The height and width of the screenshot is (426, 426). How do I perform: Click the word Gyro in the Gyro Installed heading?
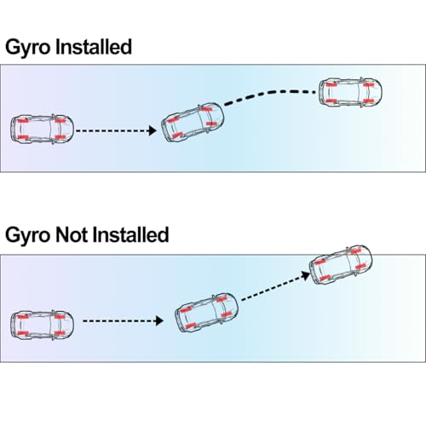(27, 48)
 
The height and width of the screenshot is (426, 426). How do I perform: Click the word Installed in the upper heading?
(94, 47)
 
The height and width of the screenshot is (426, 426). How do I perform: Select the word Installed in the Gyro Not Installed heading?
(131, 234)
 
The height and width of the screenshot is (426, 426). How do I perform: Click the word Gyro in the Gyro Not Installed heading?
(27, 236)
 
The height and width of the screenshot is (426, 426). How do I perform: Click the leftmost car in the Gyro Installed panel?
(42, 130)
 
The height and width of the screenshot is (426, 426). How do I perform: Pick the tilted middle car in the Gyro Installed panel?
(193, 123)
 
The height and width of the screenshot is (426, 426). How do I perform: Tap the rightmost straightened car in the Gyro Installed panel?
(350, 92)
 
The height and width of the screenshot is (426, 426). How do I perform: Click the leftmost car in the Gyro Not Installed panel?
(42, 325)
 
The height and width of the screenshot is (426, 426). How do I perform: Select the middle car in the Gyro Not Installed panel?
(206, 313)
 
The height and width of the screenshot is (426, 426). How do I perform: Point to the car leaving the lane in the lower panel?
(341, 265)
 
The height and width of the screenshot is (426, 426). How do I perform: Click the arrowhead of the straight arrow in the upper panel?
(153, 130)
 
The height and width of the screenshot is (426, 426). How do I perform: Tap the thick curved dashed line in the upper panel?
(270, 93)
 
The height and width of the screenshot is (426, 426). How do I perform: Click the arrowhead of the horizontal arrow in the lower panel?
(159, 321)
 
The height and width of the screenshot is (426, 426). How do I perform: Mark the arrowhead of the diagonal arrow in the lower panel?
(306, 275)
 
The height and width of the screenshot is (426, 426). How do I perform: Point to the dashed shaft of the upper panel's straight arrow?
(112, 130)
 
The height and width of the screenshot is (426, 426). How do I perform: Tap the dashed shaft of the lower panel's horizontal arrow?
(119, 321)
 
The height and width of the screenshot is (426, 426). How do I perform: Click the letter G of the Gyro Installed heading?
(12, 47)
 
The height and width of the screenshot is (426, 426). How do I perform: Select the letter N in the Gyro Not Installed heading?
(62, 235)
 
